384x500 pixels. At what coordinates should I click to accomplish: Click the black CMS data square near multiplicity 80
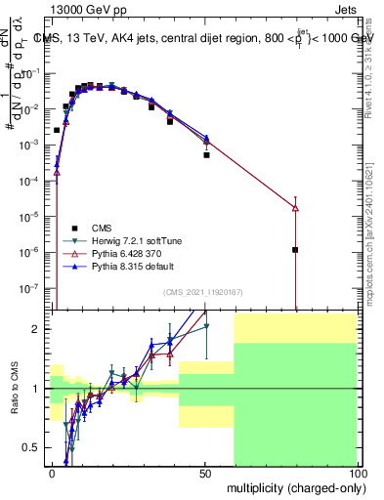pos(295,250)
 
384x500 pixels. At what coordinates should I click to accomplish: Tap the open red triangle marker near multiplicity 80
pos(295,208)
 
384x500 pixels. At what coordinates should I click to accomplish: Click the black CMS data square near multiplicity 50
pos(206,155)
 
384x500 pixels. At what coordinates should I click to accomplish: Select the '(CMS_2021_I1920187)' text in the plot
pos(202,292)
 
